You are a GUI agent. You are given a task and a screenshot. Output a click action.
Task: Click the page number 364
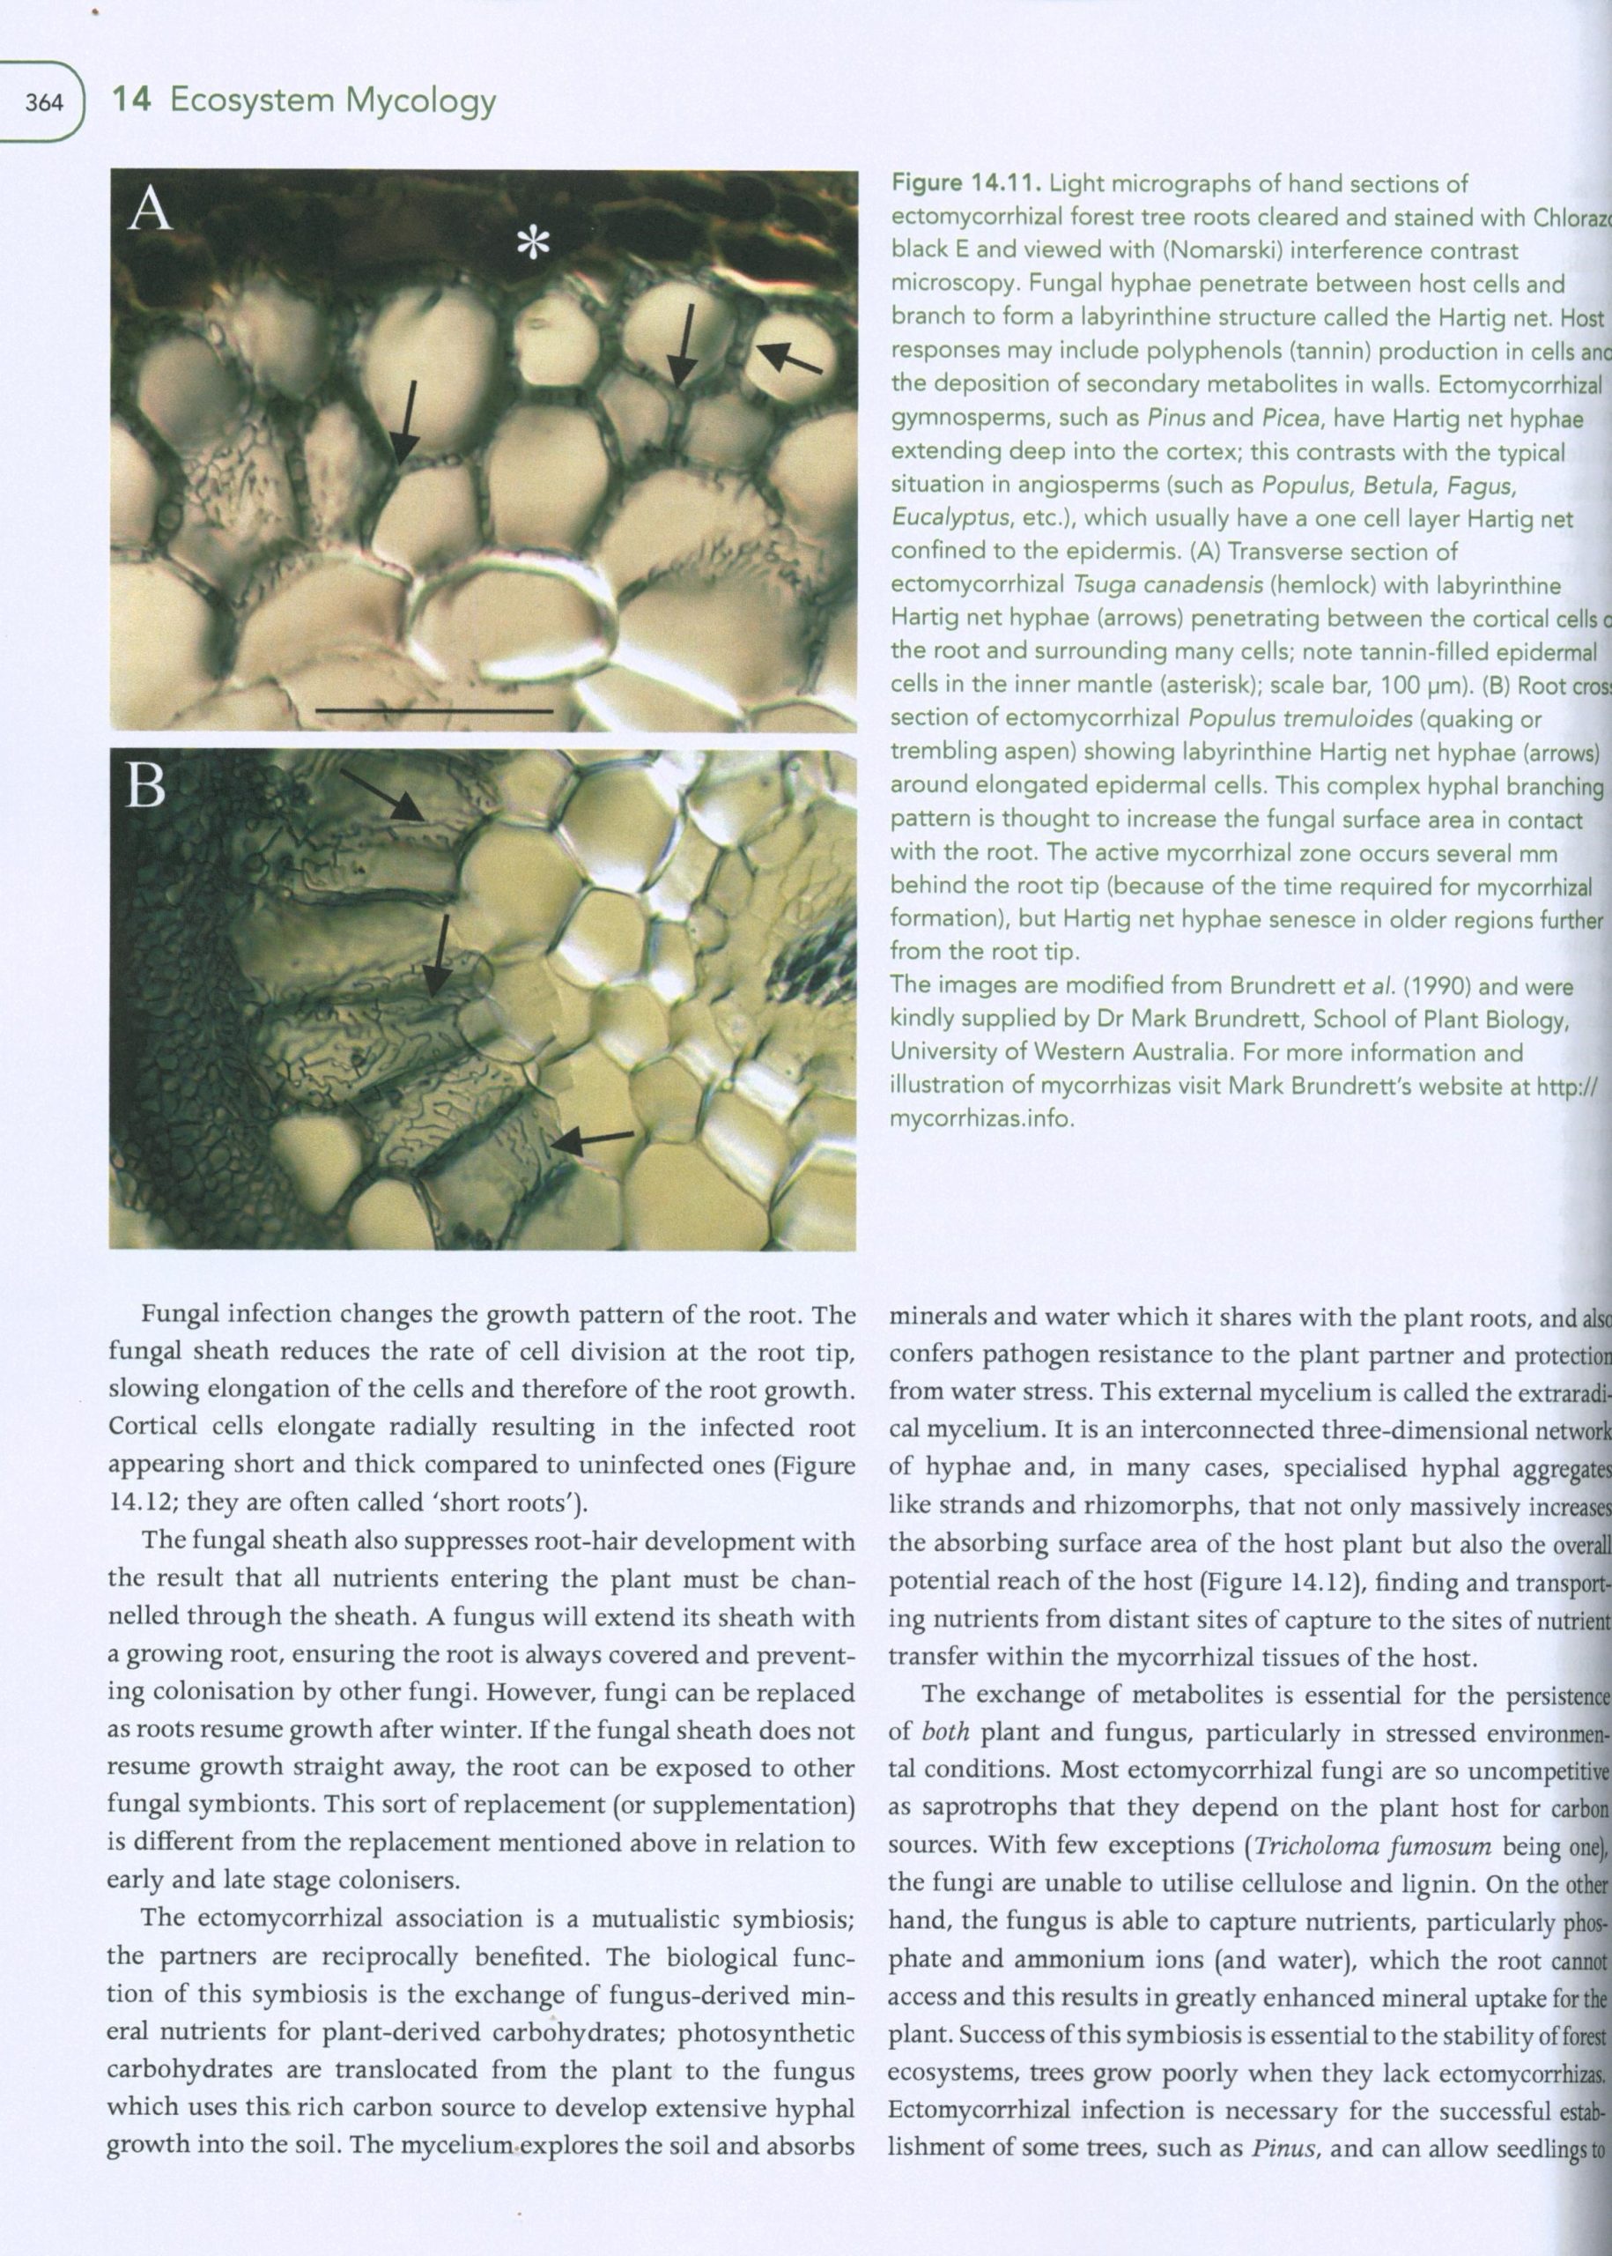pos(45,102)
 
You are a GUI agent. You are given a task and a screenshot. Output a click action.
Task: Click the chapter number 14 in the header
pos(131,100)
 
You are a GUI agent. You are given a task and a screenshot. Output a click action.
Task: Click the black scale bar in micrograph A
pos(435,711)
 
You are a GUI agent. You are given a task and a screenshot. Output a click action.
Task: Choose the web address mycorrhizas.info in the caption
pos(981,1118)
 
